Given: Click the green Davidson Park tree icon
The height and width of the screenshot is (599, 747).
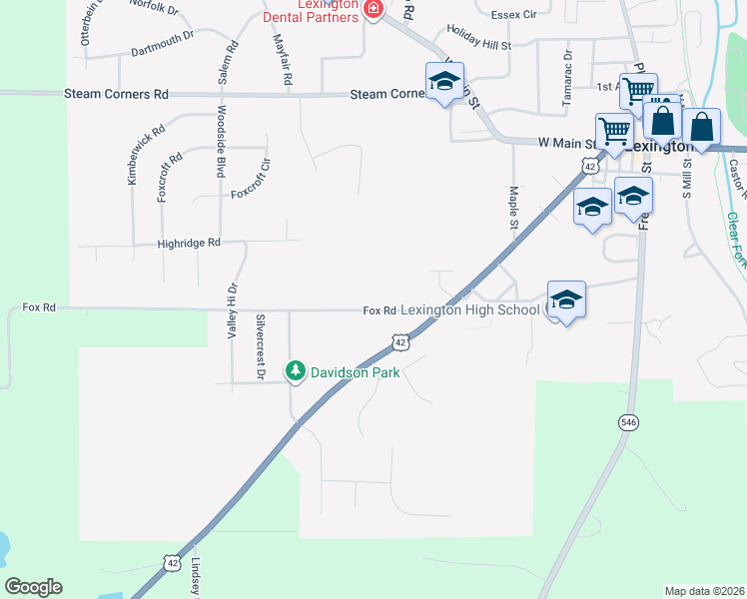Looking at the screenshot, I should [296, 371].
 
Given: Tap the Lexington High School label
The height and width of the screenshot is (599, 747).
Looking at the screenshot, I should [469, 310].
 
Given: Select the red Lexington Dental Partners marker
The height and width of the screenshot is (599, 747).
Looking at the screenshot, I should [373, 10].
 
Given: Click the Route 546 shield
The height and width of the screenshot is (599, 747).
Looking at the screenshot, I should [627, 422].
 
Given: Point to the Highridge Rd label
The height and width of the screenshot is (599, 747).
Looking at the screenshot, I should [188, 243].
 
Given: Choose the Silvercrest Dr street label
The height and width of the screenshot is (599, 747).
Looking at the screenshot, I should [261, 346].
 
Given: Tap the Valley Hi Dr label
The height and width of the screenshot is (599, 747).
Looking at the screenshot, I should [232, 310].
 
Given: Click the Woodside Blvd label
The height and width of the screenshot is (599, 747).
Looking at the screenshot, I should [221, 142].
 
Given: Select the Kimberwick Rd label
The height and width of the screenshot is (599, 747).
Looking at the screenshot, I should [132, 156].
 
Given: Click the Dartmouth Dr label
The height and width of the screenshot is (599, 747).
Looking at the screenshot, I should [163, 41].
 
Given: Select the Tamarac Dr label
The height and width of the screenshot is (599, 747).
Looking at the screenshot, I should [567, 71].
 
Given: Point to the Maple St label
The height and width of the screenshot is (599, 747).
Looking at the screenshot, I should [513, 208].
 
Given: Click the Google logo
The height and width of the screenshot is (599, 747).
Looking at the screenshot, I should [33, 587].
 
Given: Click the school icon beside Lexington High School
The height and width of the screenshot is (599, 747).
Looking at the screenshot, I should [566, 300].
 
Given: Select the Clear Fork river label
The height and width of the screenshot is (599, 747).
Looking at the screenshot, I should [736, 241].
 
